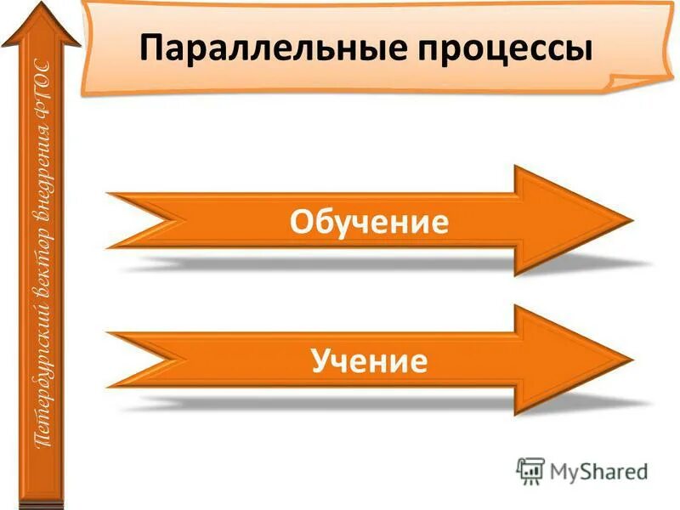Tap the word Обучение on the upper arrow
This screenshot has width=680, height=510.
tap(369, 222)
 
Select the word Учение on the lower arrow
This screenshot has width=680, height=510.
tap(369, 362)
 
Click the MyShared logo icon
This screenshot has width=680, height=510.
tap(530, 470)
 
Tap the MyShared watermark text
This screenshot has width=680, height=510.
tap(598, 471)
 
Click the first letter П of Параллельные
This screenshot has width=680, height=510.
tap(150, 48)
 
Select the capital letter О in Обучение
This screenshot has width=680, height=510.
tap(300, 222)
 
